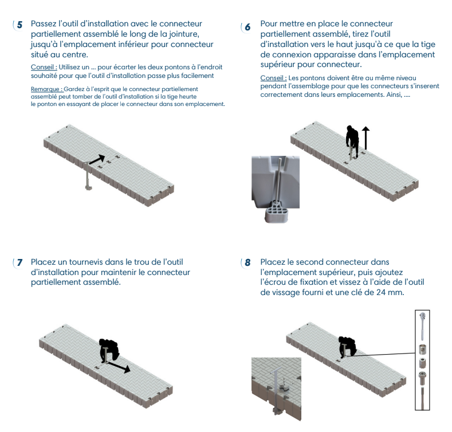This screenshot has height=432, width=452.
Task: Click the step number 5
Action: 19,25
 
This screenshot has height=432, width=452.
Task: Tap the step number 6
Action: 247,27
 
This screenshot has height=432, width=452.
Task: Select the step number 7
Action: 19,262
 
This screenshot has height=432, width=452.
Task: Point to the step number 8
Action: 247,262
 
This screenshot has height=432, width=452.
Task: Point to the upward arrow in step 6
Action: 366,138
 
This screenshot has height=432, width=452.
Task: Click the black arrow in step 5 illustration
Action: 97,159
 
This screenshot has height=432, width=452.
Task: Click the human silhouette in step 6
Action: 352,142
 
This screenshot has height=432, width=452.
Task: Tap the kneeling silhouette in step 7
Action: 109,350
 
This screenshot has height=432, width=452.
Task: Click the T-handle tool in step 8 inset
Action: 276,386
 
